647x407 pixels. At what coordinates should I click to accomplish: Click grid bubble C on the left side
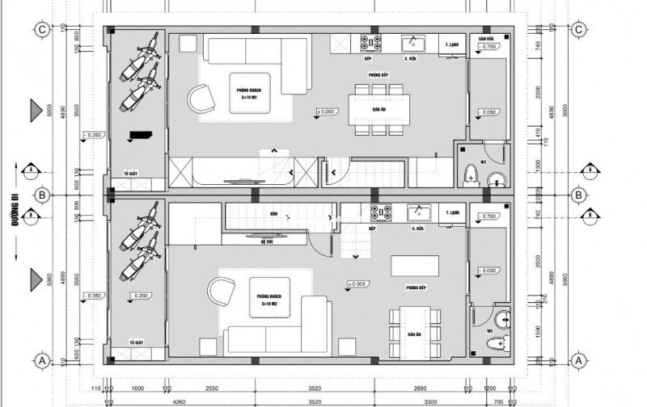(x=41, y=30)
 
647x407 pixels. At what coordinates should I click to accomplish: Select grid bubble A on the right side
(x=579, y=360)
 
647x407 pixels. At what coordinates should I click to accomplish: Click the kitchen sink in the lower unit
(x=419, y=213)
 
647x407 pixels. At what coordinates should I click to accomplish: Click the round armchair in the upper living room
(x=199, y=99)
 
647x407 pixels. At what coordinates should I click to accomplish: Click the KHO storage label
(x=274, y=215)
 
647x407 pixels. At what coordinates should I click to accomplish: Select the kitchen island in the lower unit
(x=411, y=266)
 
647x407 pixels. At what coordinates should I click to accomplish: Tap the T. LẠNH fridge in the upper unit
(x=450, y=46)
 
